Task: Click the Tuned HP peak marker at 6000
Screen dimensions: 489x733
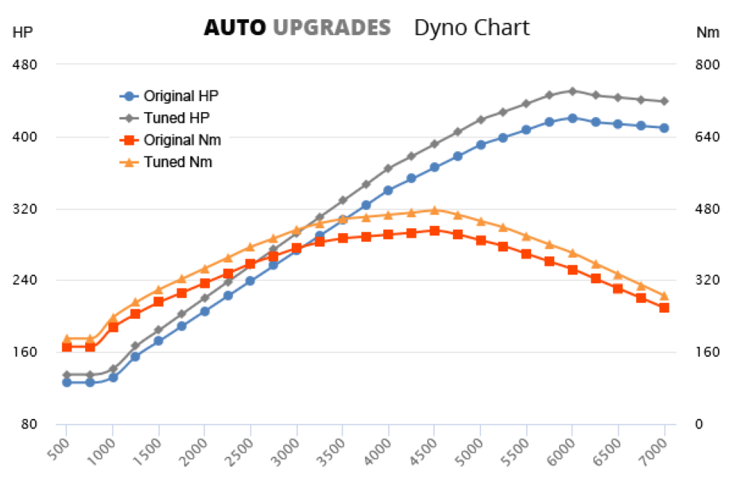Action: point(572,91)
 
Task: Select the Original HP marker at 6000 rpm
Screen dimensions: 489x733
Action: point(572,118)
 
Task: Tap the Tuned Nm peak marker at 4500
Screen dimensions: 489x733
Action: point(434,210)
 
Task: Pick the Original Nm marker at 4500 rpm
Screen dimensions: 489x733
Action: point(434,231)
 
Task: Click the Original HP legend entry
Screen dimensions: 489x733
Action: point(180,96)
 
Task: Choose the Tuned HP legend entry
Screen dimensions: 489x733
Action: point(176,118)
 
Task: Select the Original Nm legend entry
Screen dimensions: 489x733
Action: point(182,140)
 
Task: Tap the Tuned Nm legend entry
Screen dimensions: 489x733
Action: point(178,162)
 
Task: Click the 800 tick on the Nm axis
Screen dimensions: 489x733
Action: point(707,64)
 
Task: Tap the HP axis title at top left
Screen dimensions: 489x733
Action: point(22,33)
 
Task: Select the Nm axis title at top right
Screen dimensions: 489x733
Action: point(707,33)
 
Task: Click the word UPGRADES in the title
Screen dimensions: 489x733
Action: point(332,28)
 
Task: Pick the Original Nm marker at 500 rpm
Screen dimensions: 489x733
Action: point(67,347)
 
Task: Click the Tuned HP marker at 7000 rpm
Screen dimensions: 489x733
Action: point(664,101)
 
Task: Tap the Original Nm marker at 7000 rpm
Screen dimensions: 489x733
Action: point(664,308)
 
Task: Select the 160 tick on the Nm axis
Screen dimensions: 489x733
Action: point(707,352)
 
